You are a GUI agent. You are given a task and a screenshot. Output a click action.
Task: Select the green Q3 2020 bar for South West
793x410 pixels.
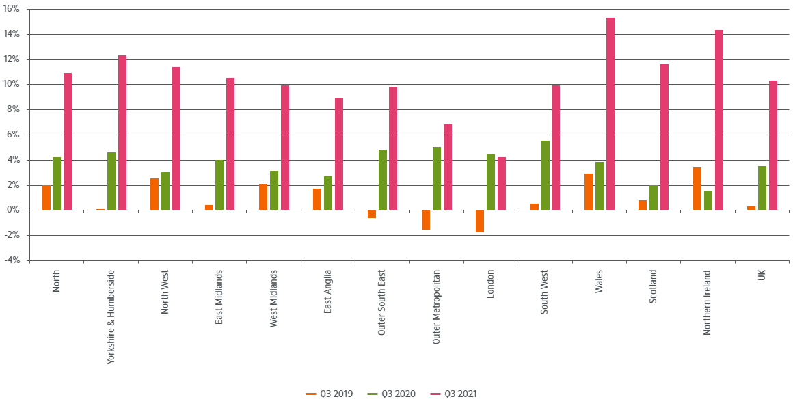[546, 176]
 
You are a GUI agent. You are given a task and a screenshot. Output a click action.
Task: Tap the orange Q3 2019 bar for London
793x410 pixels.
[480, 221]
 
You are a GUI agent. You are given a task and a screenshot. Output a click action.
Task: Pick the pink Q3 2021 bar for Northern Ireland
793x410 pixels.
[719, 120]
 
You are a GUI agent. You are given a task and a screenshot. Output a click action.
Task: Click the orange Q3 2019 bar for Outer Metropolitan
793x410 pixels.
[426, 220]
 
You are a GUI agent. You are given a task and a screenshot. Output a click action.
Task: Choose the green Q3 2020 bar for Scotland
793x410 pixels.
[654, 197]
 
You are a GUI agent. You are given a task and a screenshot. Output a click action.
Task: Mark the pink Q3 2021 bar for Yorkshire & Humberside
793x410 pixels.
[122, 133]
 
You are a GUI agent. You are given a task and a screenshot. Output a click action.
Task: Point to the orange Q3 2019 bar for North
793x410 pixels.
[46, 197]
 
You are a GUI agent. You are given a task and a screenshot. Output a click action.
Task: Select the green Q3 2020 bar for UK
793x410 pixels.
[762, 188]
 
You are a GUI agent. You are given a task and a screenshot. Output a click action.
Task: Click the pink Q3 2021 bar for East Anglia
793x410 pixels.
[339, 154]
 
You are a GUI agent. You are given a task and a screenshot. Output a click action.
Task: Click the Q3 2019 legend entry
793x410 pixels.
[329, 394]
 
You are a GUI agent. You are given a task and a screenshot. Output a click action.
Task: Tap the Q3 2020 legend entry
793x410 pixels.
[391, 394]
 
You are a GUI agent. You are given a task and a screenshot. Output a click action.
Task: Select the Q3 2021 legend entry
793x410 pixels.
[454, 394]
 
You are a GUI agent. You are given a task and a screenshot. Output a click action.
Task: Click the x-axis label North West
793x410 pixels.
[165, 292]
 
